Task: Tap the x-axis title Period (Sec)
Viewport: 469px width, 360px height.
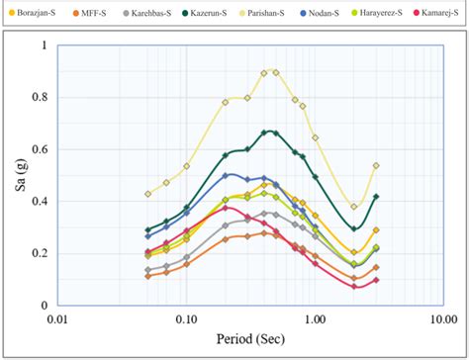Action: pyautogui.click(x=249, y=337)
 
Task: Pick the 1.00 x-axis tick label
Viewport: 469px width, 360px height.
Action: pyautogui.click(x=315, y=319)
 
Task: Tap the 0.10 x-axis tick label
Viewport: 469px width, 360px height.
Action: pyautogui.click(x=185, y=319)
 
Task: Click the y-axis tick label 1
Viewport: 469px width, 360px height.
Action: pyautogui.click(x=44, y=45)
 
